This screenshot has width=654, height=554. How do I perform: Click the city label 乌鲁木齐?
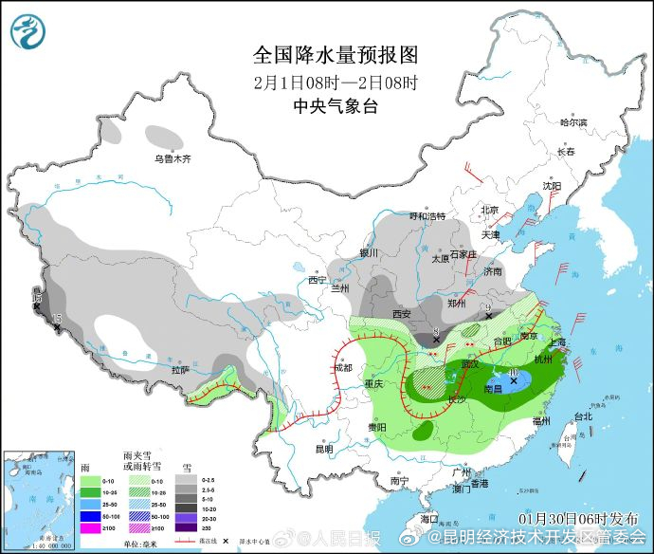(x=173, y=159)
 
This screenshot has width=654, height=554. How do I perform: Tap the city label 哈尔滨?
(x=573, y=122)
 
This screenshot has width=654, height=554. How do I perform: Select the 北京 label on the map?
(x=489, y=211)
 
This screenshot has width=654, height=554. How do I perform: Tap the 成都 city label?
(x=342, y=367)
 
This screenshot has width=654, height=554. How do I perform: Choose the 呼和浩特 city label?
(x=427, y=216)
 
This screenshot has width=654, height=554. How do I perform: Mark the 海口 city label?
(x=428, y=519)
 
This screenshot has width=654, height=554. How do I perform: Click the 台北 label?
(x=581, y=416)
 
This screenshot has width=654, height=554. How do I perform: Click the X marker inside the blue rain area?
(x=515, y=381)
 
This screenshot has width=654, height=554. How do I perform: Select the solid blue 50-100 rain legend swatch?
(x=90, y=515)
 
